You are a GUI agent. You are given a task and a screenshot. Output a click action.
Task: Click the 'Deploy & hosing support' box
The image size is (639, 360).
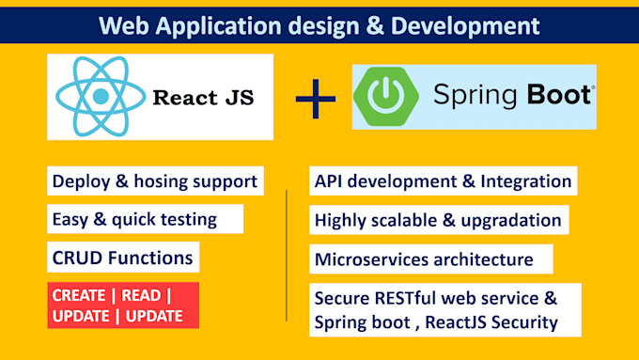(x=154, y=180)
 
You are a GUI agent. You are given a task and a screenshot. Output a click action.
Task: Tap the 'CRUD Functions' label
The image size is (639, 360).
(x=123, y=257)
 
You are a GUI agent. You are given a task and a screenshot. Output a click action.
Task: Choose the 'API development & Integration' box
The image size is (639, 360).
(x=443, y=180)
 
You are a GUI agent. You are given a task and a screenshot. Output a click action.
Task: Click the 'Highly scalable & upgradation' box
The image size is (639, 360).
(x=439, y=220)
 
